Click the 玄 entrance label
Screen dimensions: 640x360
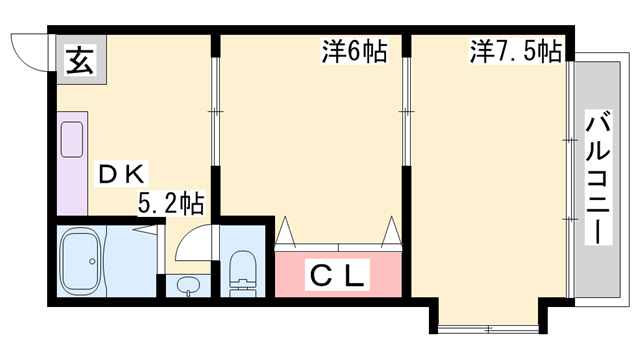[80, 60]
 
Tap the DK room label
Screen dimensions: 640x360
[121, 174]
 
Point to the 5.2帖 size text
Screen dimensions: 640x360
[171, 203]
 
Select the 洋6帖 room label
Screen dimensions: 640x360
[355, 51]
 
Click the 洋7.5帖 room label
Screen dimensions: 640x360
[516, 51]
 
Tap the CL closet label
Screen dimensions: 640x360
[337, 275]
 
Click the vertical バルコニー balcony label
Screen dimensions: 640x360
[598, 177]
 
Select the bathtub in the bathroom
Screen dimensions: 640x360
[81, 261]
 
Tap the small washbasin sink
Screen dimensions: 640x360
[188, 285]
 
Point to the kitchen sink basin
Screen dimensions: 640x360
[72, 140]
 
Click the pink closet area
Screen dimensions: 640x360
[338, 274]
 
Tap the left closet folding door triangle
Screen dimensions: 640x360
[285, 232]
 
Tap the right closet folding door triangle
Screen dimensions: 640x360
[391, 232]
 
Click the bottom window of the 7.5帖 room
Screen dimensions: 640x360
[489, 329]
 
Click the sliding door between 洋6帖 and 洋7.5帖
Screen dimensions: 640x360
[406, 111]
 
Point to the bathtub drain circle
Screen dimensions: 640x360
[92, 261]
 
